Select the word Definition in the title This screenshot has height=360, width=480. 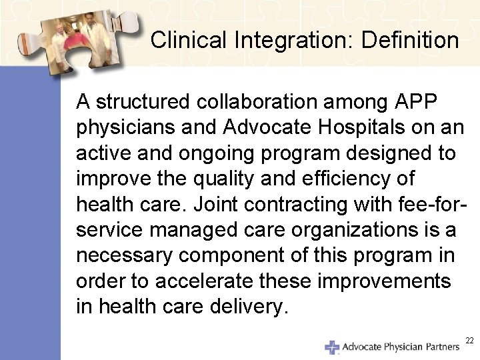[x=410, y=41]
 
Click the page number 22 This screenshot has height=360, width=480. [x=469, y=341]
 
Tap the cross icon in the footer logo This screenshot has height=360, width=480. [x=331, y=347]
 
